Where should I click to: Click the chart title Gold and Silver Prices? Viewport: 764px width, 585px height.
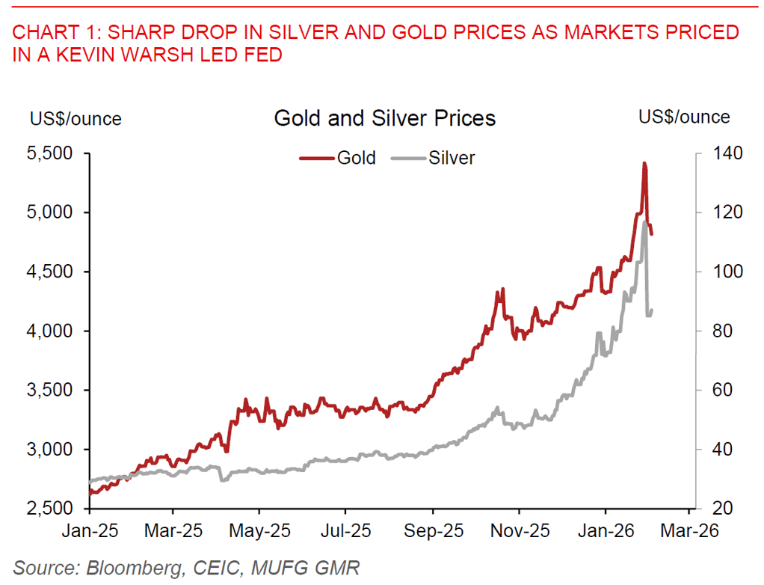coord(385,118)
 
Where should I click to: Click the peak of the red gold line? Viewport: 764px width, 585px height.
coord(644,163)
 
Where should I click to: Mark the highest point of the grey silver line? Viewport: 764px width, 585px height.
coord(644,222)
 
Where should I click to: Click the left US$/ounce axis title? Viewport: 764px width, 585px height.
coord(76,118)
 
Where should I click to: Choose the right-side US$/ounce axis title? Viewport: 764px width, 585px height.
coord(684,117)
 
